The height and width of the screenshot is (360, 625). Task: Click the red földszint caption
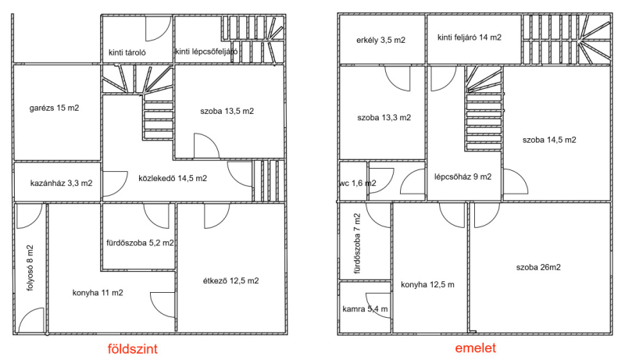point(133,349)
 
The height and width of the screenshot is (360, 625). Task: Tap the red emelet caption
point(476,348)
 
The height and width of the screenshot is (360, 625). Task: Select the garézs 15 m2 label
point(54,108)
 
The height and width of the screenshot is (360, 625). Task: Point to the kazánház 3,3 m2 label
point(62,184)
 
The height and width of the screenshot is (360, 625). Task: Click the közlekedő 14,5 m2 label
point(173,178)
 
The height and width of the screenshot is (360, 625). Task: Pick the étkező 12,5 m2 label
point(230,281)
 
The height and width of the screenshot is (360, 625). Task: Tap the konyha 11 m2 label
point(98,293)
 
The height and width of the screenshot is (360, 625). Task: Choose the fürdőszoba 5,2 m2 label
point(140,243)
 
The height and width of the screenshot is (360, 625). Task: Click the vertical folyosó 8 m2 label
point(30,268)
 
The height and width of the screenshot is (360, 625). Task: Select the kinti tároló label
point(127,52)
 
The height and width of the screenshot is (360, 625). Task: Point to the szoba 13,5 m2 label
point(227,111)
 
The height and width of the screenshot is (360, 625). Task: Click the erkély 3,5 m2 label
point(380,41)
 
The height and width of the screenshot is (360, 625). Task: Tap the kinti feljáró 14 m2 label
point(470,37)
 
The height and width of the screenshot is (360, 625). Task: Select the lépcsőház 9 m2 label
point(462,176)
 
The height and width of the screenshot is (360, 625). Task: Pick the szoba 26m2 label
point(538,267)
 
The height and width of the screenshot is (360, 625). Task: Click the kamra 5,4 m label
point(365,309)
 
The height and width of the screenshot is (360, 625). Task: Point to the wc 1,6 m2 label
point(358,184)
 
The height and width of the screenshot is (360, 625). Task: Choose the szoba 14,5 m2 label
point(549,140)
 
